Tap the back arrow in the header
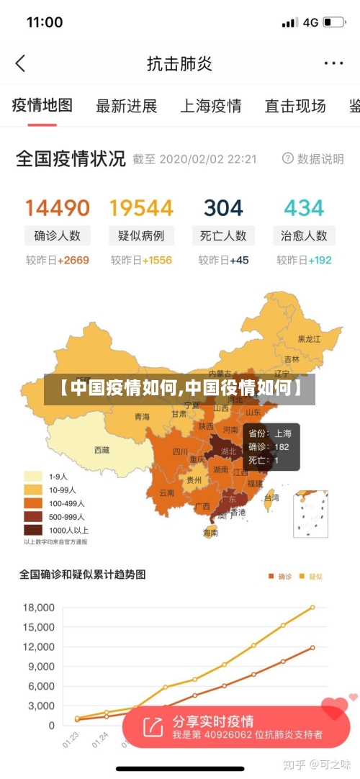20,63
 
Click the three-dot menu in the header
333,63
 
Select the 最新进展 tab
126,107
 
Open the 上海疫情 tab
210,107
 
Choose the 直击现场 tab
294,107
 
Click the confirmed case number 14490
58,208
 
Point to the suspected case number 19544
141,208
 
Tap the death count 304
223,208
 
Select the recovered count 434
304,208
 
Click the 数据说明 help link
313,158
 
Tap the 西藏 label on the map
102,450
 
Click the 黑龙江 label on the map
310,338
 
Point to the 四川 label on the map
179,452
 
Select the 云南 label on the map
167,493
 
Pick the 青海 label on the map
143,417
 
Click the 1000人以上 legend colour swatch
33,530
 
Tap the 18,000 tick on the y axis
39,608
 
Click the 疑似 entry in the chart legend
310,576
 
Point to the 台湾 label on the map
271,497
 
